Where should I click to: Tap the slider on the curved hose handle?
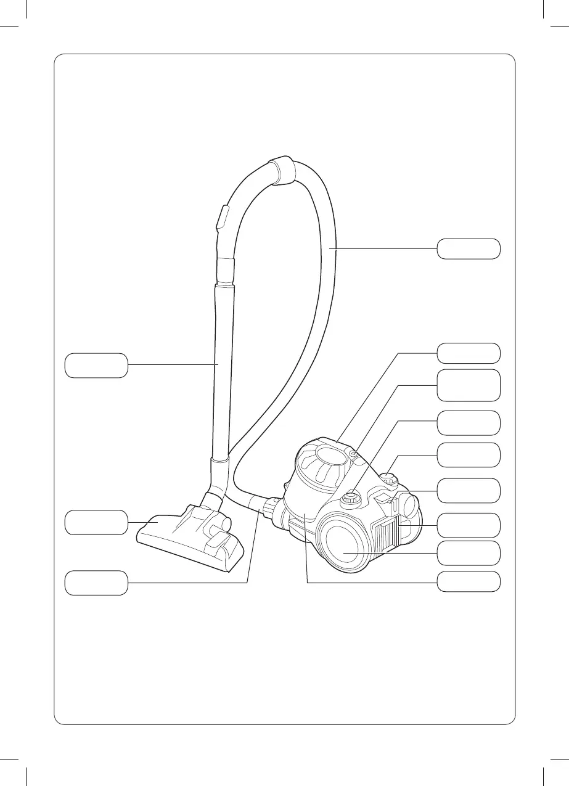tap(222, 219)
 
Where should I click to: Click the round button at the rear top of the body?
tap(390, 477)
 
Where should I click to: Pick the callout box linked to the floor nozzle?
tap(97, 522)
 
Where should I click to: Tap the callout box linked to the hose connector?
tap(97, 583)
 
